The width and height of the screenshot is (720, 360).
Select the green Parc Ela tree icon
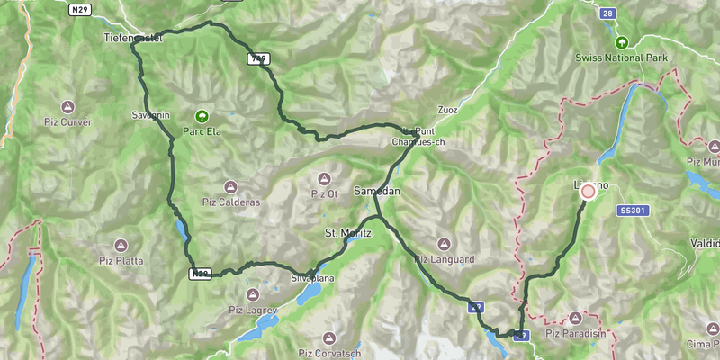point(202,116)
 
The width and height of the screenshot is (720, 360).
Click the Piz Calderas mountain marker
point(230,187)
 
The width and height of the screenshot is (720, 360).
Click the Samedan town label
point(376,193)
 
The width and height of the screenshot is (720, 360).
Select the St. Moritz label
point(342,233)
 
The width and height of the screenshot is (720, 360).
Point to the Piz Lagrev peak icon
point(253,293)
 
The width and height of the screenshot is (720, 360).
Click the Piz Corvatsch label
point(328,353)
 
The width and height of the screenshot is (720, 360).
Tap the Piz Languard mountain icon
point(443,244)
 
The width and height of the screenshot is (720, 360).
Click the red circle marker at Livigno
point(589,191)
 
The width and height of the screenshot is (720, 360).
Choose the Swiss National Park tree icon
point(621,42)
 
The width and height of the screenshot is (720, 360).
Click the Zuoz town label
point(446,110)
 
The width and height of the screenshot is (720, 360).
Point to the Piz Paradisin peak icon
point(576,318)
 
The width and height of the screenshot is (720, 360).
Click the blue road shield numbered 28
point(608,13)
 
